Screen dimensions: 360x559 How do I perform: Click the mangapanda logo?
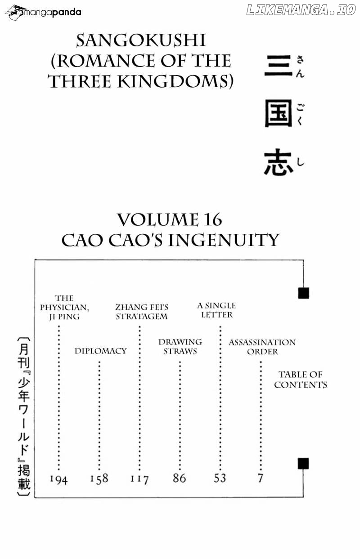click(x=43, y=12)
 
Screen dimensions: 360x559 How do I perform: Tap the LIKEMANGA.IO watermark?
click(x=301, y=10)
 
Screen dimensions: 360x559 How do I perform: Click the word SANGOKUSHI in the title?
click(x=141, y=40)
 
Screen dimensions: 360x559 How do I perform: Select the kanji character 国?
click(x=279, y=113)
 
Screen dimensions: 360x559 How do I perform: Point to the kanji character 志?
click(x=279, y=162)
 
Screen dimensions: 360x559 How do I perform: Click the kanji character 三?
click(x=279, y=65)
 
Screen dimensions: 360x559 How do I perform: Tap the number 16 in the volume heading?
click(x=212, y=220)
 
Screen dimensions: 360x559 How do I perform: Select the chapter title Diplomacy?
click(x=101, y=351)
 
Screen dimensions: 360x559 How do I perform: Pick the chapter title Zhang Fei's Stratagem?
click(x=142, y=312)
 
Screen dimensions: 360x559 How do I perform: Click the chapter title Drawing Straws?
click(x=180, y=346)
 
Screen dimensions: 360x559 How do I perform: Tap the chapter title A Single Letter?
click(x=217, y=310)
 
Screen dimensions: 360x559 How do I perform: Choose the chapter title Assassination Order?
click(x=262, y=347)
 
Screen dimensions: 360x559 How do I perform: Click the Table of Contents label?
click(x=301, y=380)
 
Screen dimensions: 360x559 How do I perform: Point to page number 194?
click(x=58, y=479)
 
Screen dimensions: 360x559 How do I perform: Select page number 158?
click(x=99, y=479)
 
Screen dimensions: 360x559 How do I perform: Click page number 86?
click(x=180, y=478)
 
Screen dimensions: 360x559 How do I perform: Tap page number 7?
click(x=261, y=478)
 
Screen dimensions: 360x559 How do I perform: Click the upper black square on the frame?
click(x=304, y=293)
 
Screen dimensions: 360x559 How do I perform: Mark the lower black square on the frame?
click(x=303, y=463)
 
